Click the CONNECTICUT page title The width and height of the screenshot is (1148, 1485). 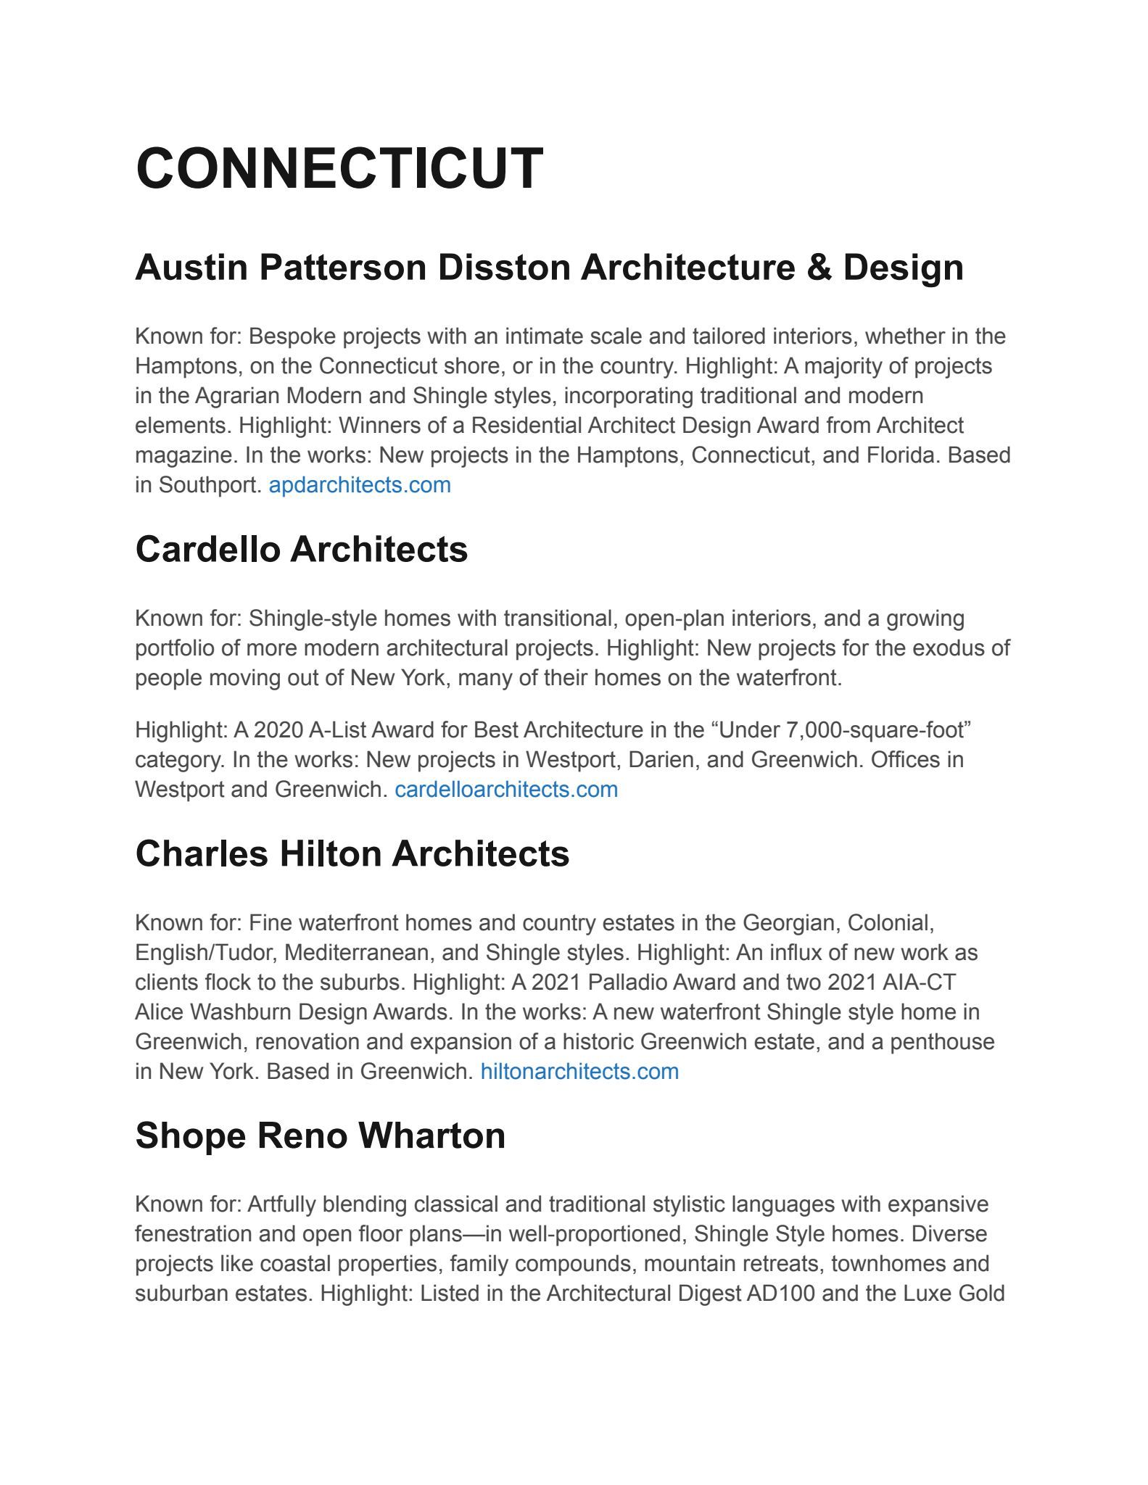click(x=339, y=168)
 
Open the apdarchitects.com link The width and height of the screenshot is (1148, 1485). click(x=360, y=485)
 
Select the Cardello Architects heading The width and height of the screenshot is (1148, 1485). click(x=301, y=549)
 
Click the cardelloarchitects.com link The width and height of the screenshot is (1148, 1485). click(x=506, y=790)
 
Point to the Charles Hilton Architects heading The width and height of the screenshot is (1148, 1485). click(x=352, y=853)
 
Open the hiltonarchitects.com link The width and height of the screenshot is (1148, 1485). click(x=579, y=1072)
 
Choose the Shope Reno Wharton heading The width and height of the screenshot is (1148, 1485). click(x=320, y=1136)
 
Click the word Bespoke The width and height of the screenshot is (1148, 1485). click(x=292, y=336)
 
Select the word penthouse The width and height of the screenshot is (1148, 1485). click(x=942, y=1042)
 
